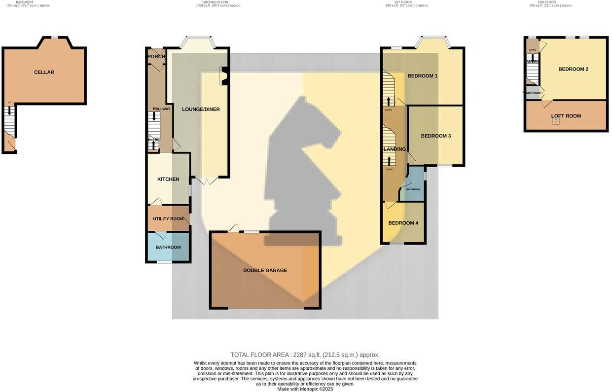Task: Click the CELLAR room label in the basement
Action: (44, 72)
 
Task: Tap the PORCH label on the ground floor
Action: (156, 57)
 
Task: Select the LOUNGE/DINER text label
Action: (201, 109)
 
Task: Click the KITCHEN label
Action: (168, 179)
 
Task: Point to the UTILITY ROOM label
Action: (168, 219)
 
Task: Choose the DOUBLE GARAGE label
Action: (265, 271)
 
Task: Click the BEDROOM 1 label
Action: (423, 76)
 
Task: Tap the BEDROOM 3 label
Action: (435, 136)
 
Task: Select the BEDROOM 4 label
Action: (403, 223)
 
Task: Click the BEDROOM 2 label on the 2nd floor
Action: (573, 70)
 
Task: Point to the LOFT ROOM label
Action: (566, 116)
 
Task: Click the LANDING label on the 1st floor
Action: (395, 149)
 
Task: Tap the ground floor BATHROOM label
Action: (168, 248)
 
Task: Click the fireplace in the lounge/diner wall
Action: (223, 77)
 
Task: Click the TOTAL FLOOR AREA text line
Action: (305, 355)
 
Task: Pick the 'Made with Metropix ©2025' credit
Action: (305, 389)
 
